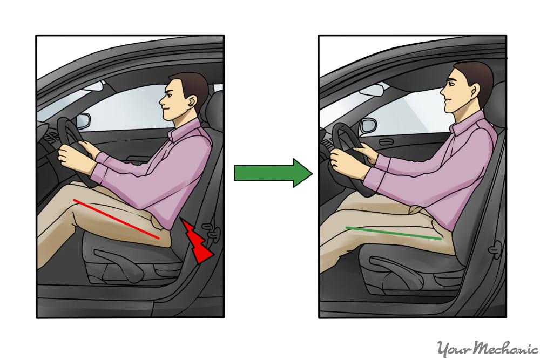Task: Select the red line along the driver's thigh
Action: click(116, 219)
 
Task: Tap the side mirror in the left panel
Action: click(83, 120)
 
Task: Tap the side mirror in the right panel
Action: click(368, 126)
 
